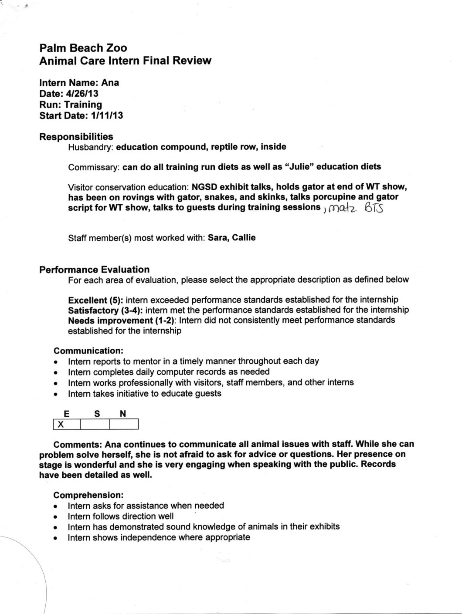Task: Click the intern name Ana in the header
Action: (110, 82)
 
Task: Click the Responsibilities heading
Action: (76, 137)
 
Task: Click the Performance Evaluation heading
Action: (94, 270)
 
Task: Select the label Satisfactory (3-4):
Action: (107, 310)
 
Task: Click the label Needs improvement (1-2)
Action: (122, 320)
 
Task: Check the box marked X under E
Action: (66, 424)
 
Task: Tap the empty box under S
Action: (95, 424)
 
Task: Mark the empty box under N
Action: (124, 424)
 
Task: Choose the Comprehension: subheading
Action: (88, 495)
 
